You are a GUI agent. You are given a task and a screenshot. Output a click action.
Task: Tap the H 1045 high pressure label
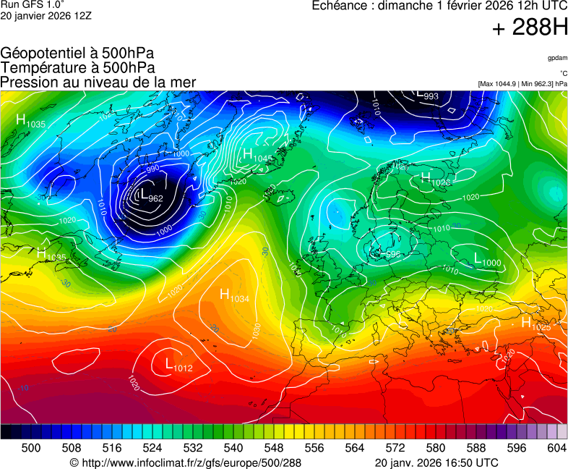[256, 156]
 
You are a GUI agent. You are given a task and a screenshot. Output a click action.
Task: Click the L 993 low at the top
[428, 95]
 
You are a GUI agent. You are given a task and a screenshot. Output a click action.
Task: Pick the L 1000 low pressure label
[487, 259]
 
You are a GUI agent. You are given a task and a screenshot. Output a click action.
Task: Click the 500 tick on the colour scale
[31, 448]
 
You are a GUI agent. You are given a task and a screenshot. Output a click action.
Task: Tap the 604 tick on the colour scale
[556, 448]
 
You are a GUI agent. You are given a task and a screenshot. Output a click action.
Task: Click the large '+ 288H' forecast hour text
[529, 28]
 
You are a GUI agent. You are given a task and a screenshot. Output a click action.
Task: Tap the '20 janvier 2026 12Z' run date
[46, 15]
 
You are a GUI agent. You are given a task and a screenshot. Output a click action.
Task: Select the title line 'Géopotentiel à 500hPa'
[77, 54]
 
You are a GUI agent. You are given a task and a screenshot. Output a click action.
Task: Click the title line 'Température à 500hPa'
[77, 67]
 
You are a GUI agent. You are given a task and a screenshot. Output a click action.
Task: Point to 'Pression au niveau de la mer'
[98, 82]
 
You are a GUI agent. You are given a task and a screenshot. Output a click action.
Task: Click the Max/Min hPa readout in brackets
[522, 84]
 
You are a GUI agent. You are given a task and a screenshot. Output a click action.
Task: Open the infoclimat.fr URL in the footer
[185, 462]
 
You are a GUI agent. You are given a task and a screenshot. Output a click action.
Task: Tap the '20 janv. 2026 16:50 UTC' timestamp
[436, 462]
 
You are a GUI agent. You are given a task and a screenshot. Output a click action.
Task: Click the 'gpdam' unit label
[556, 58]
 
